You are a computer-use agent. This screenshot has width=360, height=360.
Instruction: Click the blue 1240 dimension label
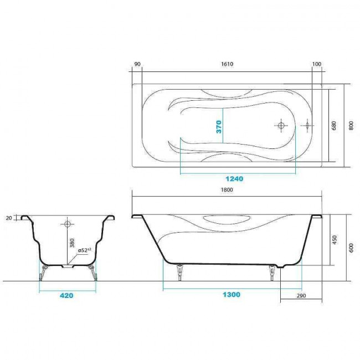[x=234, y=179]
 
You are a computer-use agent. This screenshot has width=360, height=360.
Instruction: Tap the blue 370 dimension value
[x=219, y=127]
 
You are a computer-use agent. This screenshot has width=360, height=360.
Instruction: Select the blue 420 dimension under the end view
[x=66, y=296]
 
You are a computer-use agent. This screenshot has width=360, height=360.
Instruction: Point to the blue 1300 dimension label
[x=232, y=295]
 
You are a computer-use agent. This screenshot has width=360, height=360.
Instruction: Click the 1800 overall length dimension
[x=227, y=190]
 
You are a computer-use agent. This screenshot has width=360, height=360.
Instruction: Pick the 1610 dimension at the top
[x=227, y=64]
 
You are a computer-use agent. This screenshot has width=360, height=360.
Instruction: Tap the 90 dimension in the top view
[x=137, y=64]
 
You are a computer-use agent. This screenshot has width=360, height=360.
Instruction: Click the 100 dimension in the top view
[x=317, y=64]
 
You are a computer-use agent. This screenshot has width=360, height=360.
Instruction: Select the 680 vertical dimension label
[x=334, y=126]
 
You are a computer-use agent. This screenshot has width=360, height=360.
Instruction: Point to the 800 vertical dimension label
[x=351, y=126]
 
